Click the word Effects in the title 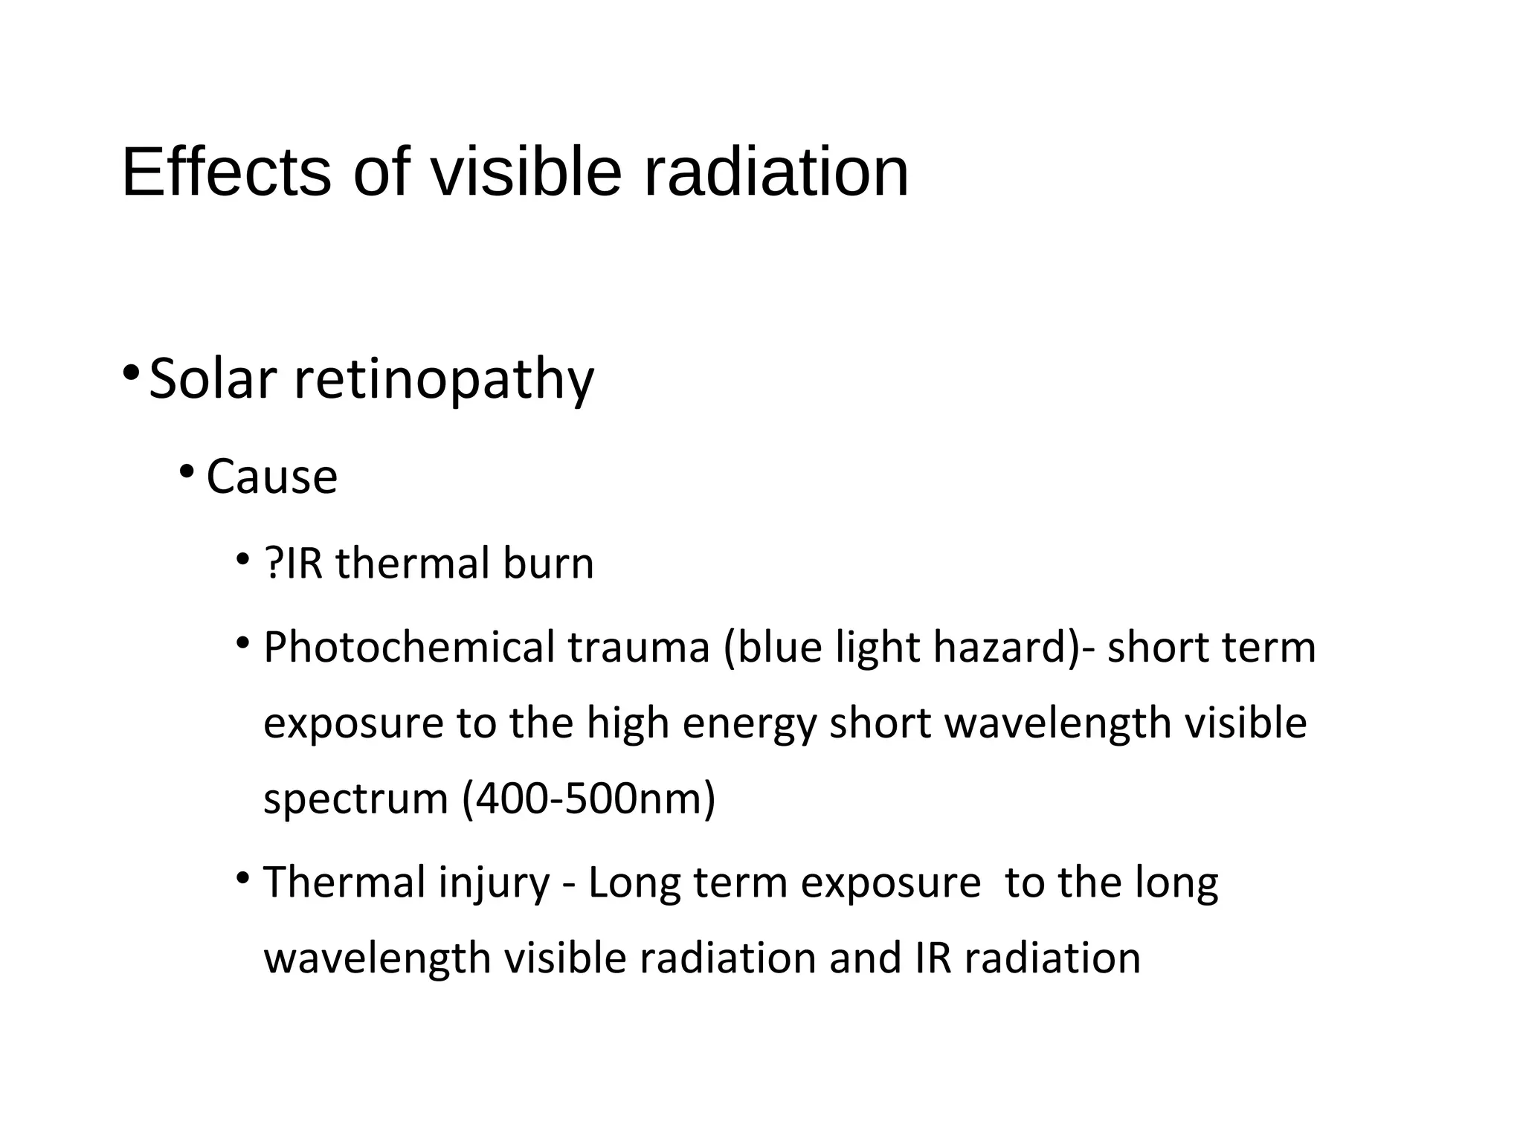(226, 172)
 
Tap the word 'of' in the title (381, 172)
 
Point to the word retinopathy (444, 381)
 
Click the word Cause (271, 477)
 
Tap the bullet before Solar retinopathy (131, 370)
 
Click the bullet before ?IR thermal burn (242, 558)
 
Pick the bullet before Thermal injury (242, 877)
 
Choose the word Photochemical (409, 647)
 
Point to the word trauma (639, 648)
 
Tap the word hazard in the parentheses (1000, 647)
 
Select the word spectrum (355, 800)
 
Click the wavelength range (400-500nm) (589, 799)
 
